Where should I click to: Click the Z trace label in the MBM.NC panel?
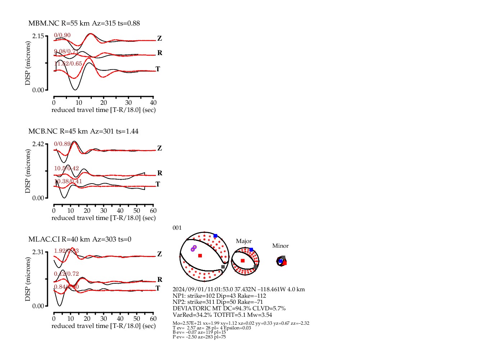(159, 39)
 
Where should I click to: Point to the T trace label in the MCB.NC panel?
(158, 184)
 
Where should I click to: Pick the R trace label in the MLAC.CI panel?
(160, 280)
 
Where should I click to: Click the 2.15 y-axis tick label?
(38, 36)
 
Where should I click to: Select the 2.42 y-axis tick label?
(38, 144)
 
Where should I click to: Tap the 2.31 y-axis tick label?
(38, 252)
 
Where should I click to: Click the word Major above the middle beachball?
(244, 241)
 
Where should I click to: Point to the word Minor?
(280, 246)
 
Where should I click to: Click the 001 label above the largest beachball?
(177, 228)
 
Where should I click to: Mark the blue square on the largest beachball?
(215, 236)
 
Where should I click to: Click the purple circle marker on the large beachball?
(194, 248)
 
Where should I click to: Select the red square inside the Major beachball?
(243, 261)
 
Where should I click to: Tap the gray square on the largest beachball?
(223, 267)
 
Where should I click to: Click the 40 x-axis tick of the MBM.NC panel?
(153, 103)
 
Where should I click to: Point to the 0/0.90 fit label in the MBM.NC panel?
(62, 35)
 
